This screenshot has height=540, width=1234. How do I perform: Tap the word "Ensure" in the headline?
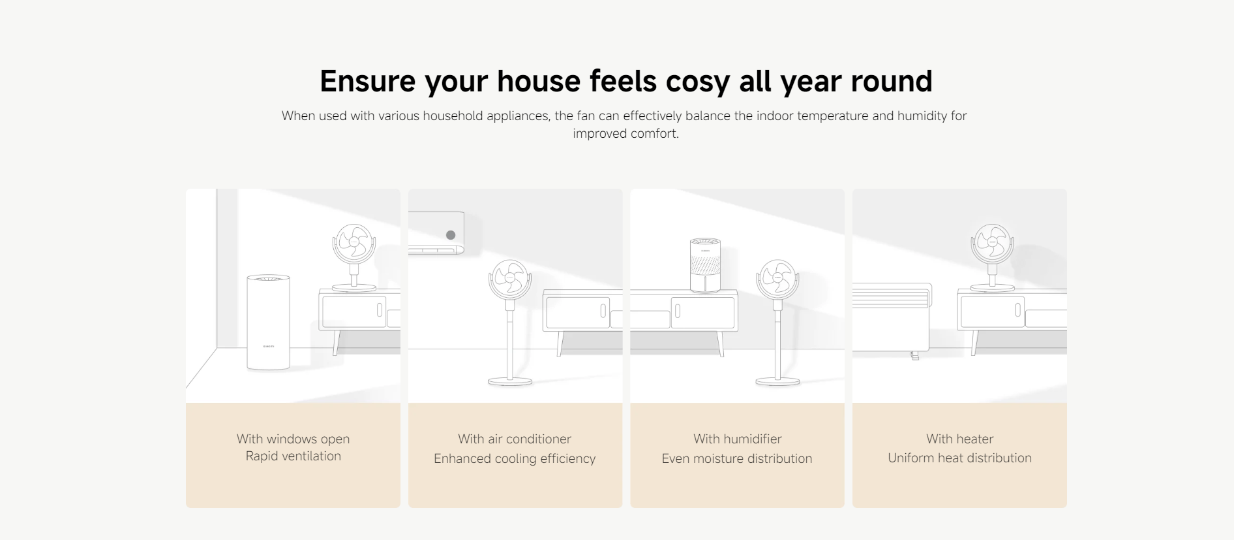click(367, 81)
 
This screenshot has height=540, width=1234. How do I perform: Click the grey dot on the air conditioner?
click(451, 235)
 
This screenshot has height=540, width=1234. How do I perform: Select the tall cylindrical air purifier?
click(268, 323)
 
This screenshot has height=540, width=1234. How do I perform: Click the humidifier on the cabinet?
click(705, 266)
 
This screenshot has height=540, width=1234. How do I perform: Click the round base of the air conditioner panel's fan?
click(510, 381)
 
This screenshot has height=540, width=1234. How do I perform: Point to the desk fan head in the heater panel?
click(992, 243)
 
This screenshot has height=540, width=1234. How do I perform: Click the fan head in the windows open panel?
click(354, 244)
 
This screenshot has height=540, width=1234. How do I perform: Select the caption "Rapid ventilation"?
click(293, 456)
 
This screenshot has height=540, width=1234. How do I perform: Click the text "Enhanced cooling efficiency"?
click(515, 458)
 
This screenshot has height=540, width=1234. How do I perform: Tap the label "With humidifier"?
click(737, 439)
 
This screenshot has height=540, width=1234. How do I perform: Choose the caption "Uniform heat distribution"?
click(959, 458)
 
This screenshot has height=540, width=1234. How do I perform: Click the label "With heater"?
click(959, 439)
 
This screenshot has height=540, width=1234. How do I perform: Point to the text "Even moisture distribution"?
click(737, 458)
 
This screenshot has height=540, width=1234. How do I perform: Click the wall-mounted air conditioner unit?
click(436, 232)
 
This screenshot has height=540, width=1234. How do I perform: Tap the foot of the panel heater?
click(915, 356)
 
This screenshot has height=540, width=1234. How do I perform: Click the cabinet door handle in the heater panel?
click(1017, 310)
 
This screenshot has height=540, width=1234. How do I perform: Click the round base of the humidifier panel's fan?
click(777, 381)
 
